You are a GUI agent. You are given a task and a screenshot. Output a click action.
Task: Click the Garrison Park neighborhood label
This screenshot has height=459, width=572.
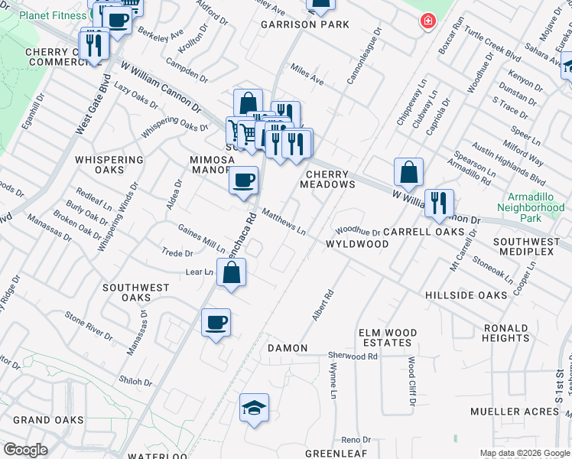[x=304, y=24]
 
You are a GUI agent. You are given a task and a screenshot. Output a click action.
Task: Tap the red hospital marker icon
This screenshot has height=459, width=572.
[x=427, y=21]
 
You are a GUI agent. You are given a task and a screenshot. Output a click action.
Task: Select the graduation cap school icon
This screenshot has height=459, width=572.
[x=254, y=407]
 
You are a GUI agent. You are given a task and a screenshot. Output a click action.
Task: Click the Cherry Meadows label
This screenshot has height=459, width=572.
[x=327, y=179]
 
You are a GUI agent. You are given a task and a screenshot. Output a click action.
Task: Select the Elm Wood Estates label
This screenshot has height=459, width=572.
[x=388, y=337]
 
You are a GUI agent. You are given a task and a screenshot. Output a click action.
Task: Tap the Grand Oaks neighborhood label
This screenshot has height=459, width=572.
[x=47, y=420]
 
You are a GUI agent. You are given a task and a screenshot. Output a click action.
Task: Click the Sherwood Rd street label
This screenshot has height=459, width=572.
[x=353, y=356]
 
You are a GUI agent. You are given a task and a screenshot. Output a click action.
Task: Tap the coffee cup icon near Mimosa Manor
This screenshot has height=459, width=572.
[x=243, y=181]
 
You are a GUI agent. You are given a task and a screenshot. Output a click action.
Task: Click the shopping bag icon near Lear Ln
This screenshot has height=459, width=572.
[x=231, y=272]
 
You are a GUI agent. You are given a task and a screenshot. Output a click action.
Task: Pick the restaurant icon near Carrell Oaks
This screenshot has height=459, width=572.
[x=438, y=203]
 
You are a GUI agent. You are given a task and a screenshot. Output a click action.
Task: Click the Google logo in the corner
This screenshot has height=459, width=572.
[x=25, y=450]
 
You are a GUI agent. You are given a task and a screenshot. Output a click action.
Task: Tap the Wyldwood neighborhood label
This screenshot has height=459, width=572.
[x=357, y=244]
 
